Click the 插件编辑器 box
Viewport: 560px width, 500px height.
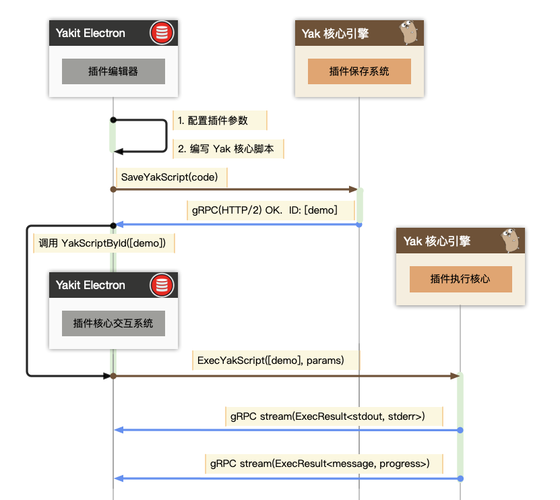(113, 71)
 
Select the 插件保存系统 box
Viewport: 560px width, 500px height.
(359, 71)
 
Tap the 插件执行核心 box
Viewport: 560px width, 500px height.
(460, 279)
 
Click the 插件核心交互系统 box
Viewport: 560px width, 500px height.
(113, 323)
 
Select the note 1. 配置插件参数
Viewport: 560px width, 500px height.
(213, 121)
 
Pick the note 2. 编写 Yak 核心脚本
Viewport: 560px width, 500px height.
(226, 150)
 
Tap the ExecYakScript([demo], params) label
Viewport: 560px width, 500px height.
(271, 361)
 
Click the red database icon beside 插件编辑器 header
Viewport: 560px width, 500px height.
(161, 33)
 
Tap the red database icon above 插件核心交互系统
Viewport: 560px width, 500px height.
(161, 285)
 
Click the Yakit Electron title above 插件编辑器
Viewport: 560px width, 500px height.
(91, 33)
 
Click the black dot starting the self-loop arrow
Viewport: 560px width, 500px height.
(113, 120)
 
